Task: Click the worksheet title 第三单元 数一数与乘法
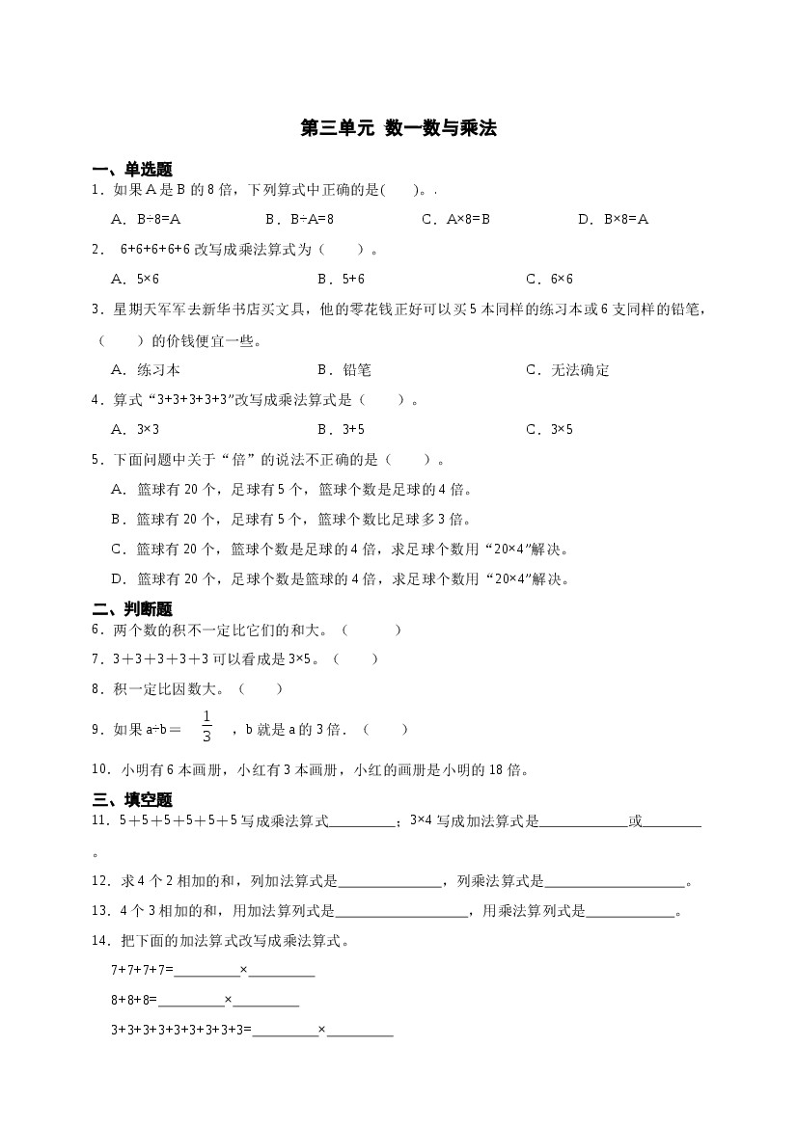tap(398, 128)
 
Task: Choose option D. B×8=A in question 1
tap(614, 219)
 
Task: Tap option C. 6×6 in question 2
tap(549, 279)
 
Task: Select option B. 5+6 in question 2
tap(341, 279)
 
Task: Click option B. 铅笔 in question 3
tap(344, 369)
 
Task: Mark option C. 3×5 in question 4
tap(549, 429)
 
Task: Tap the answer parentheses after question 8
tap(261, 689)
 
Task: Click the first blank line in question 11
tap(362, 822)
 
